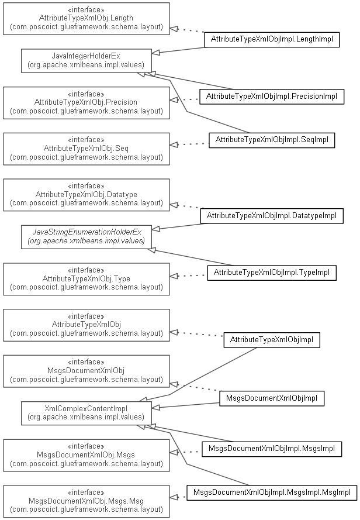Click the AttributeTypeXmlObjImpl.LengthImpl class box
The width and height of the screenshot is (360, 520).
pyautogui.click(x=272, y=39)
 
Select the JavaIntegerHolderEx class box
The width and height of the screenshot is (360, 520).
pyautogui.click(x=86, y=60)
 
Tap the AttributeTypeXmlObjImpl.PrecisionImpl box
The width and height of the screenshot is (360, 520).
pyautogui.click(x=272, y=97)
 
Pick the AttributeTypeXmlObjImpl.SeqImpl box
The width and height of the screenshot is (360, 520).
pyautogui.click(x=272, y=140)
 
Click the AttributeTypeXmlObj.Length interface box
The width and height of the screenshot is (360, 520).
pyautogui.click(x=86, y=19)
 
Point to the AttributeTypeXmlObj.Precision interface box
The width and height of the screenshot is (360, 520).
pyautogui.click(x=86, y=103)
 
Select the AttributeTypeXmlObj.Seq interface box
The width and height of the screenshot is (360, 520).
pyautogui.click(x=86, y=149)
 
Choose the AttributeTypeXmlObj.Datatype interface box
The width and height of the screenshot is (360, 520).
pyautogui.click(x=86, y=195)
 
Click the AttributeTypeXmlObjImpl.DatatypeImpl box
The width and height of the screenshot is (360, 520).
pyautogui.click(x=272, y=216)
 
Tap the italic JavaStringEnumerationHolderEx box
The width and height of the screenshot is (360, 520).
pyautogui.click(x=86, y=237)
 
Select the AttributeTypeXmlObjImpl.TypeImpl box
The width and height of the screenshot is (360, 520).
pyautogui.click(x=272, y=273)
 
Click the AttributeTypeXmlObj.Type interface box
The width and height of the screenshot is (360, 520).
pyautogui.click(x=86, y=279)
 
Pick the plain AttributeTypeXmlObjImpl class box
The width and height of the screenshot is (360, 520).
pyautogui.click(x=272, y=340)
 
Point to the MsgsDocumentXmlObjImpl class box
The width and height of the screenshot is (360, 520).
pyautogui.click(x=272, y=398)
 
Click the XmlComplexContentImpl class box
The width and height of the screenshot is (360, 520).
pyautogui.click(x=86, y=413)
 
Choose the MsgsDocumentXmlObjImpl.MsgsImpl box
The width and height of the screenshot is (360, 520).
pyautogui.click(x=272, y=449)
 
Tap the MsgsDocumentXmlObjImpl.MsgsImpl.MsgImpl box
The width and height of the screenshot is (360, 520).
pyautogui.click(x=272, y=493)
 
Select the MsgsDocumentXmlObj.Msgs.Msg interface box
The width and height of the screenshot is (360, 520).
pyautogui.click(x=86, y=501)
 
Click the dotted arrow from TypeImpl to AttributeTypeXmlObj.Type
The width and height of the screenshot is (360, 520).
pyautogui.click(x=189, y=276)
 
